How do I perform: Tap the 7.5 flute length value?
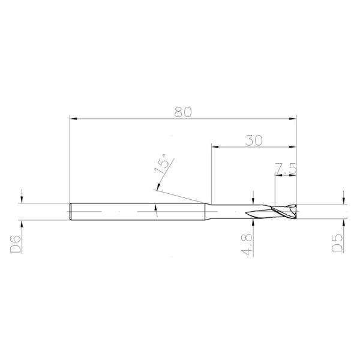point(286,169)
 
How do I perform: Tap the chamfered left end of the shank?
point(71,212)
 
